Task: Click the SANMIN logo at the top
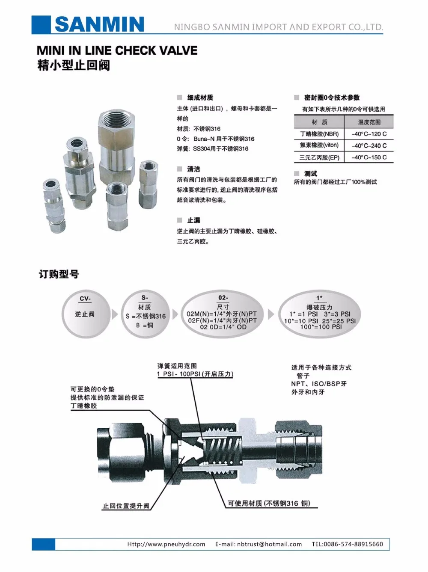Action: click(x=99, y=24)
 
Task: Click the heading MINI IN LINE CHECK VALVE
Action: click(x=117, y=50)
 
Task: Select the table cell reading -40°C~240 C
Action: click(x=369, y=145)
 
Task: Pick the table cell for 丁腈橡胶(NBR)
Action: click(x=319, y=134)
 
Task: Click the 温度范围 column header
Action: click(x=369, y=122)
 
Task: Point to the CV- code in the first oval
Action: click(x=85, y=299)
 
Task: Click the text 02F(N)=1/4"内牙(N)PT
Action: click(x=223, y=320)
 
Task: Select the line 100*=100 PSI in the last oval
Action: click(x=321, y=327)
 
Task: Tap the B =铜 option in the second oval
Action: click(x=145, y=325)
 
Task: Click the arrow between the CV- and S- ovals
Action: click(x=115, y=314)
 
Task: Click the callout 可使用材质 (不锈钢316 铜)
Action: click(x=269, y=504)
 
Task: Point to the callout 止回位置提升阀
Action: click(x=125, y=506)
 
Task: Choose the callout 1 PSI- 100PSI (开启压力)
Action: click(x=195, y=374)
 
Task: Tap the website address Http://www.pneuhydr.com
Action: click(x=166, y=544)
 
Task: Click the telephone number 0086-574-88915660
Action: click(x=353, y=544)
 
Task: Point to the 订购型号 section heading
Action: click(x=59, y=274)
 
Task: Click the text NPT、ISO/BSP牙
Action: click(x=319, y=384)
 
